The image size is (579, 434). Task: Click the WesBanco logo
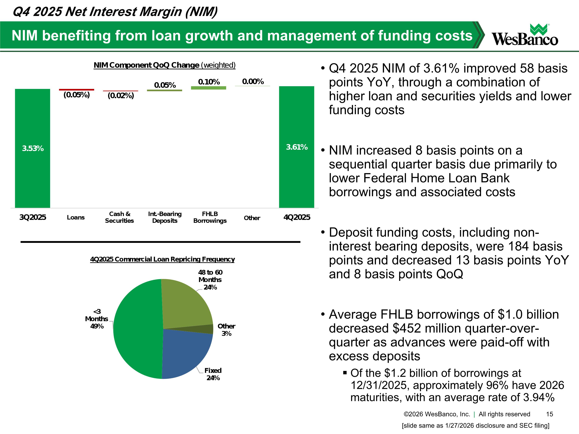coord(525,35)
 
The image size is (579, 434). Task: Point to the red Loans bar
coord(76,90)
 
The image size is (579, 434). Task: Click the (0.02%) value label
coord(121,96)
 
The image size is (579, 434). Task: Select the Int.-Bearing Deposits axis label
coord(165,217)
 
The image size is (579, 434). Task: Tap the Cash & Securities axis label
coord(119,217)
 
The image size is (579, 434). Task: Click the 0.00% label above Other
coord(253,82)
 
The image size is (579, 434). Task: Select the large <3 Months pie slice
coord(136,330)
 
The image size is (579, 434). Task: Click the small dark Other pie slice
coord(207,329)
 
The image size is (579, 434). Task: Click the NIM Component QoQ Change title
coord(165,65)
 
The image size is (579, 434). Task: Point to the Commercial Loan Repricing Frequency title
coord(162,259)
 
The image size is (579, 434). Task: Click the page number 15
coord(549,414)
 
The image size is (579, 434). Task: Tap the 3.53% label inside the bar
coord(33,149)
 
